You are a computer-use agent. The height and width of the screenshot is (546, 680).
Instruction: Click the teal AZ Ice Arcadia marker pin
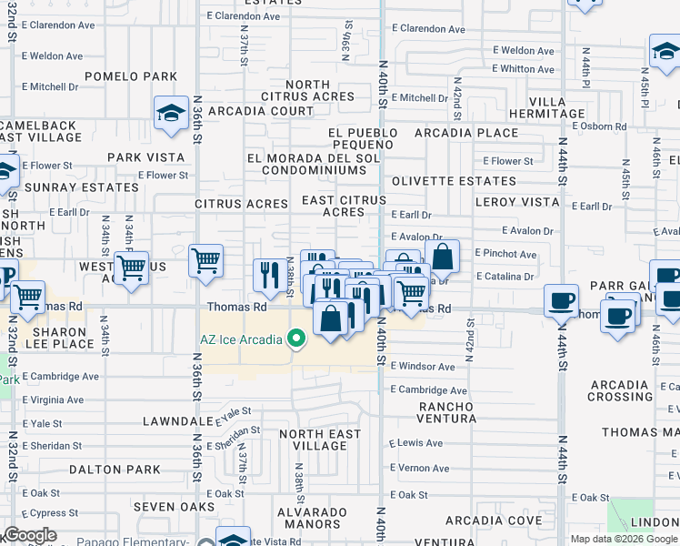click(295, 339)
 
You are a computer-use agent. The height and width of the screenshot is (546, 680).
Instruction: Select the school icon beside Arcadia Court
click(170, 114)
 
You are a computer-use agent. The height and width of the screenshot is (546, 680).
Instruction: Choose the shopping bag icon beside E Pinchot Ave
click(442, 258)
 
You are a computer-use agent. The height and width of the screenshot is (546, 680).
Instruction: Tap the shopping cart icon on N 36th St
click(206, 261)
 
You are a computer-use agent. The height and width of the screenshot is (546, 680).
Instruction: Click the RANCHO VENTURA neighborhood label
click(445, 412)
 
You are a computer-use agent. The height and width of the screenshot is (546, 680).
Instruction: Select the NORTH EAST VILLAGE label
click(319, 440)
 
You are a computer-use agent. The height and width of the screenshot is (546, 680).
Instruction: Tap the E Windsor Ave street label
click(421, 367)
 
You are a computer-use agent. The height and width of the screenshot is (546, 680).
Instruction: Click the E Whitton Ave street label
click(522, 69)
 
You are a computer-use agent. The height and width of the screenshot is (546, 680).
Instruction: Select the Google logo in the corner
click(29, 535)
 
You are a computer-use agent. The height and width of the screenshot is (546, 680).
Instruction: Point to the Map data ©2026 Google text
click(623, 539)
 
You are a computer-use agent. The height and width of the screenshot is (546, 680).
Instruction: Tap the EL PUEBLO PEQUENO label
click(364, 138)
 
